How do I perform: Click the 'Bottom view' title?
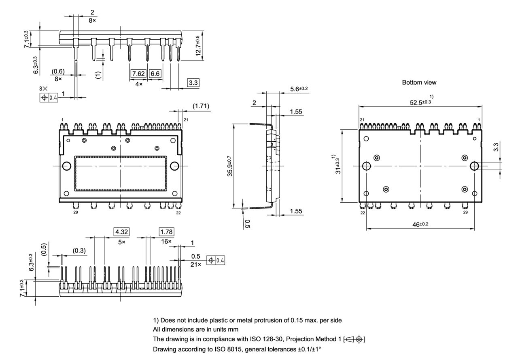(419, 82)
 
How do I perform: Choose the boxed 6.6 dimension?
(155, 74)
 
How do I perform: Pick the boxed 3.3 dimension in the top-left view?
(193, 83)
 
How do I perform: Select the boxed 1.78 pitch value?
(166, 232)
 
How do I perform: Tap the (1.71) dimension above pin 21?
(201, 106)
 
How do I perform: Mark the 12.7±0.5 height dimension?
(197, 45)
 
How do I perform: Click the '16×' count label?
(167, 242)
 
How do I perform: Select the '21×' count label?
(196, 264)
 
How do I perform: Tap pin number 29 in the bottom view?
(465, 212)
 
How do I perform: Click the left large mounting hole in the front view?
(67, 166)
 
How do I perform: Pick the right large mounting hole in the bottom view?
(474, 166)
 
